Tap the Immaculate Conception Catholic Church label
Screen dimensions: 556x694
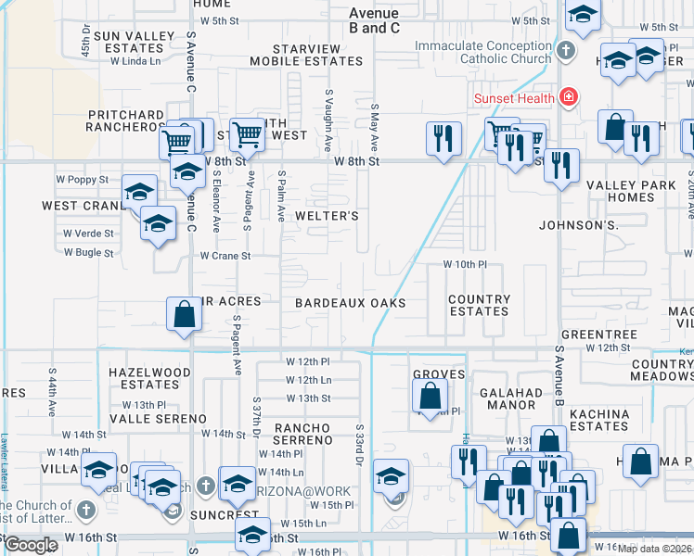pyautogui.click(x=482, y=53)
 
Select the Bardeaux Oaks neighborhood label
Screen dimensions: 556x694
pyautogui.click(x=351, y=303)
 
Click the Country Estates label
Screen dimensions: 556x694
pyautogui.click(x=479, y=305)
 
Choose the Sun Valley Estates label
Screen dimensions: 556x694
pyautogui.click(x=135, y=42)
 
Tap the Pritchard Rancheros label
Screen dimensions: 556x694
pyautogui.click(x=125, y=120)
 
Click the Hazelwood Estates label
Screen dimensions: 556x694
pyautogui.click(x=149, y=378)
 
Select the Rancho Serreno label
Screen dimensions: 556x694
pyautogui.click(x=302, y=434)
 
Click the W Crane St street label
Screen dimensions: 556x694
pyautogui.click(x=225, y=256)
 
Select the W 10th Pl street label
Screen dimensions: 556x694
pyautogui.click(x=465, y=264)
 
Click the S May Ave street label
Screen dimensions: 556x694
pyautogui.click(x=376, y=128)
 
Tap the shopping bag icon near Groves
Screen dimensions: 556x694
pyautogui.click(x=430, y=398)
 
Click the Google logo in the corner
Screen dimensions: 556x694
pyautogui.click(x=31, y=545)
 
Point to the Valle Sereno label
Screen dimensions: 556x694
pyautogui.click(x=158, y=419)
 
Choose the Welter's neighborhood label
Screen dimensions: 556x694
pyautogui.click(x=326, y=216)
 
